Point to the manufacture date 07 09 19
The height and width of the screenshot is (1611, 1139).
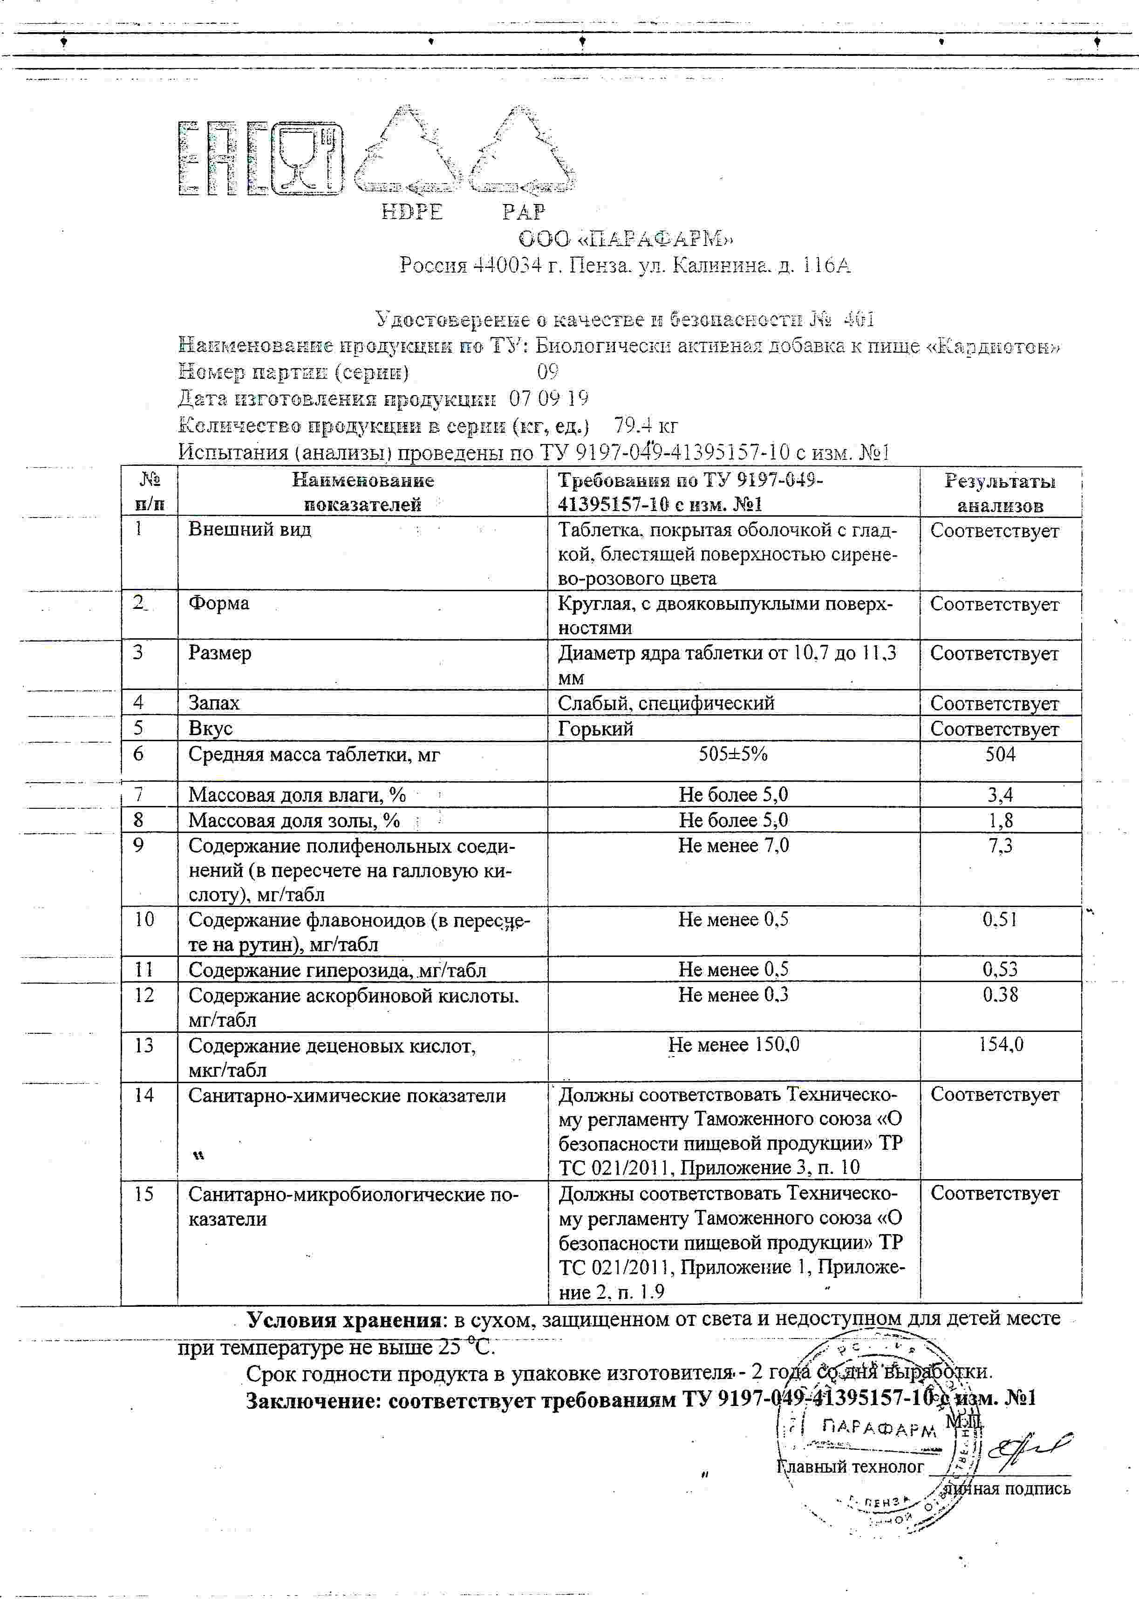(549, 398)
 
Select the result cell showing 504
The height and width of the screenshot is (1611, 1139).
(1000, 754)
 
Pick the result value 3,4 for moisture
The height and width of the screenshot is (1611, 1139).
(1000, 795)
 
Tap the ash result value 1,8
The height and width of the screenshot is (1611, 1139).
(1000, 820)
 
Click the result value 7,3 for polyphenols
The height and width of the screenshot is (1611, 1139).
(1000, 846)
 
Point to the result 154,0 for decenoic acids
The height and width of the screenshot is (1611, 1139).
(1001, 1045)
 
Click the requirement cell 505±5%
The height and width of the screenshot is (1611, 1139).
(733, 754)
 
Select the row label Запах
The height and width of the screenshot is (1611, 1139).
(214, 703)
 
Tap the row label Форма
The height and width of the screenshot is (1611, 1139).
(218, 603)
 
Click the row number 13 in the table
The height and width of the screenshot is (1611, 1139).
(144, 1045)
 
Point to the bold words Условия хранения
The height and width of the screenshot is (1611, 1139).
(343, 1320)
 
